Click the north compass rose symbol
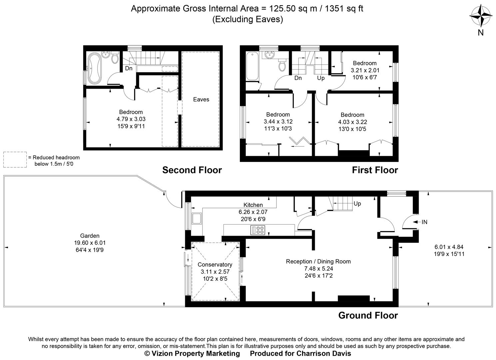coord(481,16)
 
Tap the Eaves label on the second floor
coord(201,99)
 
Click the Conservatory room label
coord(215,264)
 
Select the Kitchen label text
coord(253,205)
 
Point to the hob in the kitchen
coord(258,230)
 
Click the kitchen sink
coord(196,219)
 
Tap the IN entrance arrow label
coord(424,222)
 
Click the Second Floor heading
coord(192,170)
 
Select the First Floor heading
coord(375,170)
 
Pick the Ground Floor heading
coord(368,315)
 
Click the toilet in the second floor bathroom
coord(115,58)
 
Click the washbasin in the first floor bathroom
coord(269,55)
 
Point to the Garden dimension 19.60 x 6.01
coord(90,243)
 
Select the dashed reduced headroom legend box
coord(15,160)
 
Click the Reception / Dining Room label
coord(318,261)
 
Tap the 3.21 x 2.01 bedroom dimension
coord(365,70)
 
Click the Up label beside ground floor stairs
coord(357,204)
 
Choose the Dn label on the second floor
coord(129,68)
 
